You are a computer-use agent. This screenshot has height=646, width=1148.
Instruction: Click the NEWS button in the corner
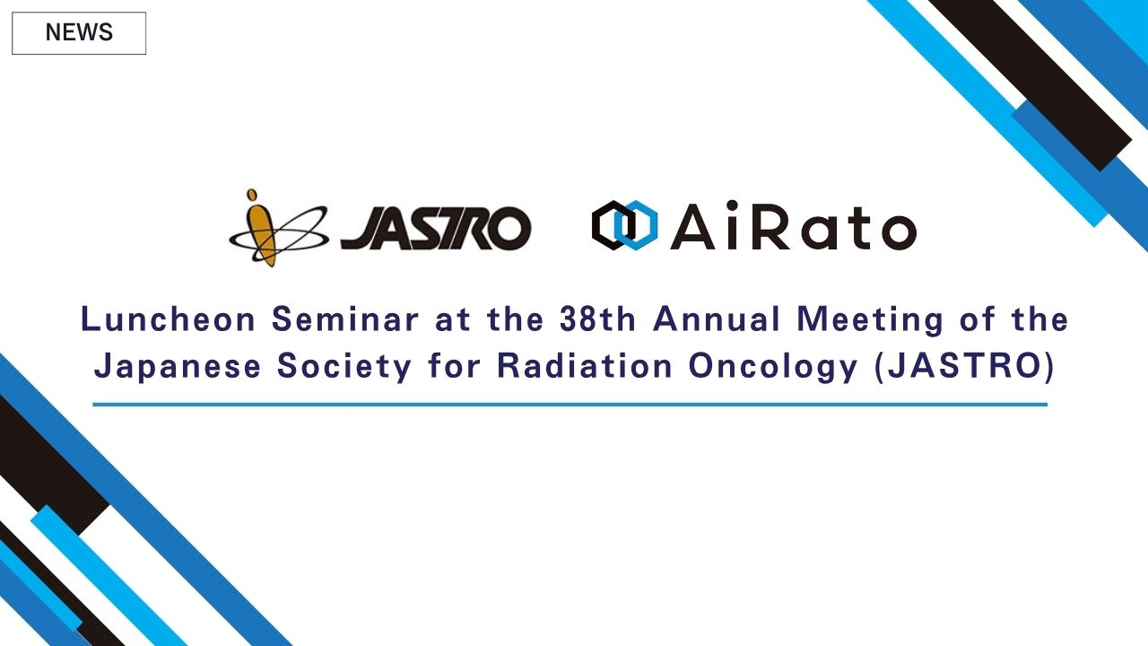click(x=79, y=33)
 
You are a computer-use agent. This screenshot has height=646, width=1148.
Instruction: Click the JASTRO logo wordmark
click(x=436, y=228)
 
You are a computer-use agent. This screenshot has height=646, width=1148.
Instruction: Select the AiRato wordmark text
click(x=794, y=225)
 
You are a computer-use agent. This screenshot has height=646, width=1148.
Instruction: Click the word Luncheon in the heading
click(x=168, y=319)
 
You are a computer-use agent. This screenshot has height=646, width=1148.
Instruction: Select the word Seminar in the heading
click(x=345, y=319)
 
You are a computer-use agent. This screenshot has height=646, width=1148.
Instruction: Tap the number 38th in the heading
click(x=597, y=319)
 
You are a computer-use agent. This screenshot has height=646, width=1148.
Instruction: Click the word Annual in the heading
click(x=717, y=319)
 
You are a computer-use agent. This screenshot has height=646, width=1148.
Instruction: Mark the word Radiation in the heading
click(x=584, y=366)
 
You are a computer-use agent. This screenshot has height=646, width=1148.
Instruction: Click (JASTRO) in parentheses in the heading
click(x=964, y=367)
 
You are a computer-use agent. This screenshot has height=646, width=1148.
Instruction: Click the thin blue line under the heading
click(x=570, y=405)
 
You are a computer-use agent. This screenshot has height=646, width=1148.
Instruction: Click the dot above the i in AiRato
click(x=732, y=205)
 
